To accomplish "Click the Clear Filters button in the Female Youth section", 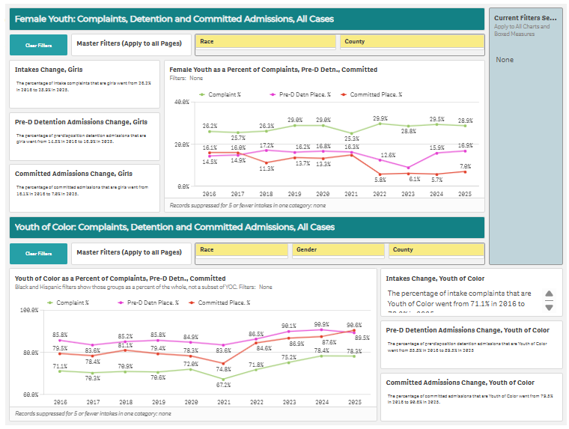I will (x=39, y=45).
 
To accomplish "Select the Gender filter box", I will (x=336, y=250).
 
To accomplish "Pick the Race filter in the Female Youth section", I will (x=266, y=42).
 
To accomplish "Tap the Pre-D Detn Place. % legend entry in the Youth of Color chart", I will (x=149, y=302).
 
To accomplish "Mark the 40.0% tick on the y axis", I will (x=180, y=101).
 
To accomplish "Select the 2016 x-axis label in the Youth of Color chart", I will (x=60, y=401).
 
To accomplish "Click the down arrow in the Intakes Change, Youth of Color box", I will (x=549, y=307).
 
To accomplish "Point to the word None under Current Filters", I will (x=505, y=59).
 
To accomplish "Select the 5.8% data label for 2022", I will (x=380, y=180).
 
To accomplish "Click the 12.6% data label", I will (x=387, y=155).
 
